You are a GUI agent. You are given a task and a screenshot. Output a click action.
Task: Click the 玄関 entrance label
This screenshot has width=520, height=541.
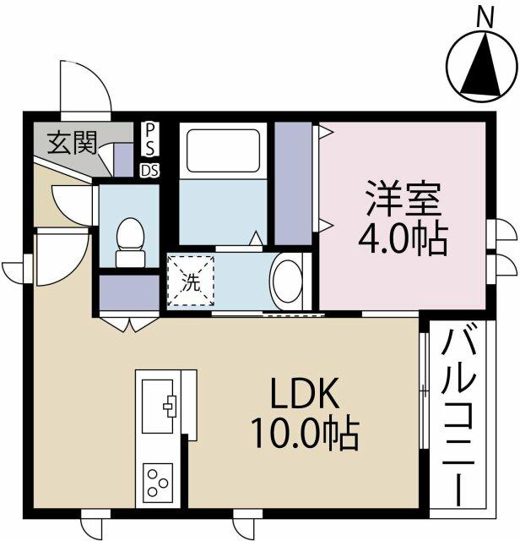tap(72, 143)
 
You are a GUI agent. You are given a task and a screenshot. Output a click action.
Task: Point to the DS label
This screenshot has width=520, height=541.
tap(150, 170)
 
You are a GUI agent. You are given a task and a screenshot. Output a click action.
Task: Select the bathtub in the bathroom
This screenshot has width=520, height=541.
tap(223, 150)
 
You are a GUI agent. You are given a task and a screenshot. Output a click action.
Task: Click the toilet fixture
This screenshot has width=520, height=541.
tap(130, 243)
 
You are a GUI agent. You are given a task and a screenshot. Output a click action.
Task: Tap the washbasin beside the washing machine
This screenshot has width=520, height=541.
tap(288, 281)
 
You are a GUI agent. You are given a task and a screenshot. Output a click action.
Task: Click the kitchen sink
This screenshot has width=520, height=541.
tap(158, 406)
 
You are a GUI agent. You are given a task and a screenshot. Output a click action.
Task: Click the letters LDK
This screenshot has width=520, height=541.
tap(304, 392)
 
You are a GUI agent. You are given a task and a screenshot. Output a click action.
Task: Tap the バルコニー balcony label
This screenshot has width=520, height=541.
tap(459, 413)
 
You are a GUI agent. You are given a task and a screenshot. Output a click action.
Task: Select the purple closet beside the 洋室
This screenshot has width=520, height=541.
tap(293, 183)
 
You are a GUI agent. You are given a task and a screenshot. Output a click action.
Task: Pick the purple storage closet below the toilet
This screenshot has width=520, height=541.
tap(129, 292)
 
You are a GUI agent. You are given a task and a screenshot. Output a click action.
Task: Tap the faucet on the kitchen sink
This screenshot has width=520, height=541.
tap(170, 407)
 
